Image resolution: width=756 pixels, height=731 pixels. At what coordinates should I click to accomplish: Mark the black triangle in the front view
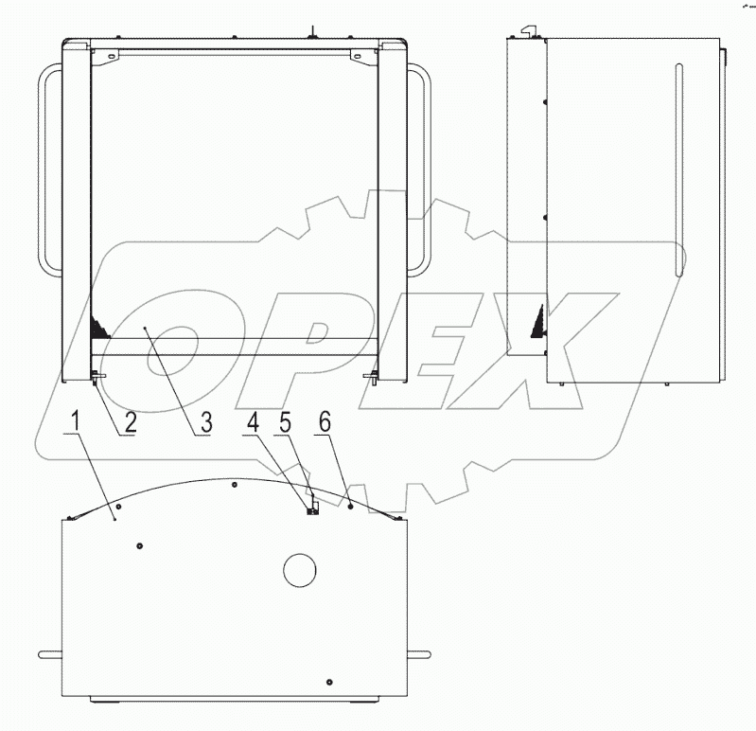coord(97,328)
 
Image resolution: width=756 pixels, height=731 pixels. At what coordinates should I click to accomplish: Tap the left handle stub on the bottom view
coord(50,653)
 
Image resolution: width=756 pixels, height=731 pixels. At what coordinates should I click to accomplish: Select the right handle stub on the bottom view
coord(417,653)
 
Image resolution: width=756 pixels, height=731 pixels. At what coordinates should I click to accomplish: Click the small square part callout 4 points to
coord(311,511)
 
